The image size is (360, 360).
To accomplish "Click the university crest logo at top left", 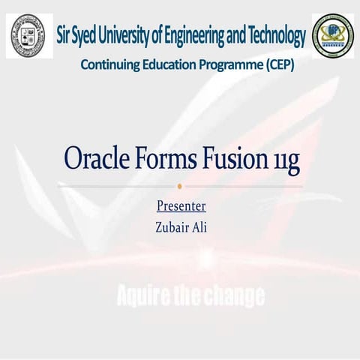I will click(28, 35).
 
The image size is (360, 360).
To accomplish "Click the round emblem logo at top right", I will click(332, 35).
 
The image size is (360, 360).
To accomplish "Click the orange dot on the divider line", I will click(180, 185).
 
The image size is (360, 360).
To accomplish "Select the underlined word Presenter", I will click(181, 205).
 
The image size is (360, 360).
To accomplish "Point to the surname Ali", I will click(198, 226).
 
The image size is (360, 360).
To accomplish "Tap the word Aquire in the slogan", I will click(143, 296).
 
